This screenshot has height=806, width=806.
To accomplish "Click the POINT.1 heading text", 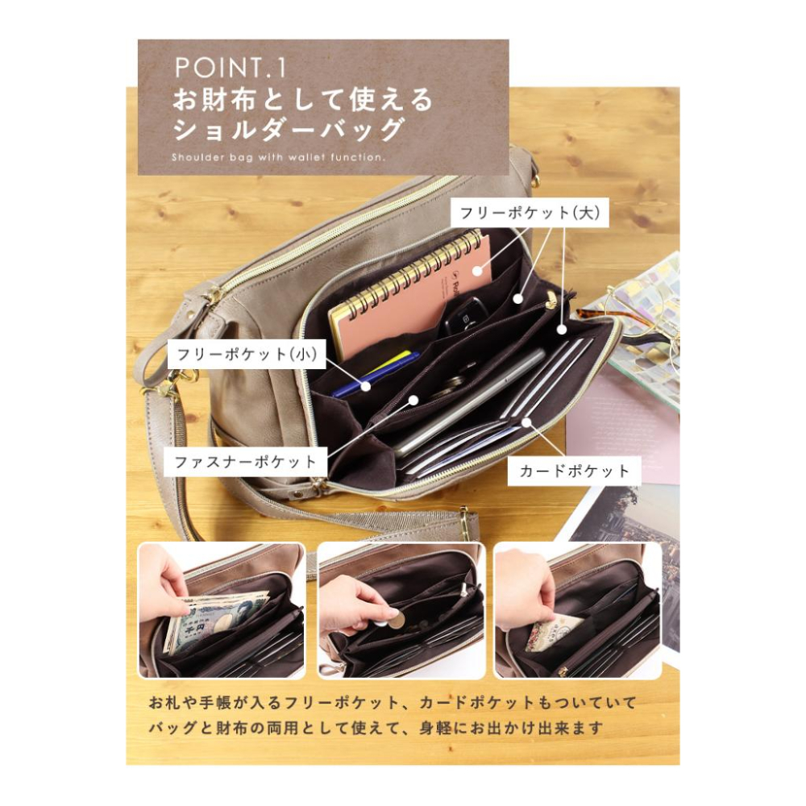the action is pyautogui.click(x=230, y=68).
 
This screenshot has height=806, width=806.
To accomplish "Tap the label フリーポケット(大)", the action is pyautogui.click(x=530, y=212).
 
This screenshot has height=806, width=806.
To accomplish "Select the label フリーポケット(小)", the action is pyautogui.click(x=246, y=354).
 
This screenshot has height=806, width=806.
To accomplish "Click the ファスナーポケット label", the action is pyautogui.click(x=245, y=462).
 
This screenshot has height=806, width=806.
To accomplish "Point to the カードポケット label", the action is pyautogui.click(x=574, y=471).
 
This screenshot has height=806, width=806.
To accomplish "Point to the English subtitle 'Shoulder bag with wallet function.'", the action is pyautogui.click(x=278, y=157).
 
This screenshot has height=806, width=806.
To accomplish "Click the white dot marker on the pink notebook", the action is pyautogui.click(x=477, y=269).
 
